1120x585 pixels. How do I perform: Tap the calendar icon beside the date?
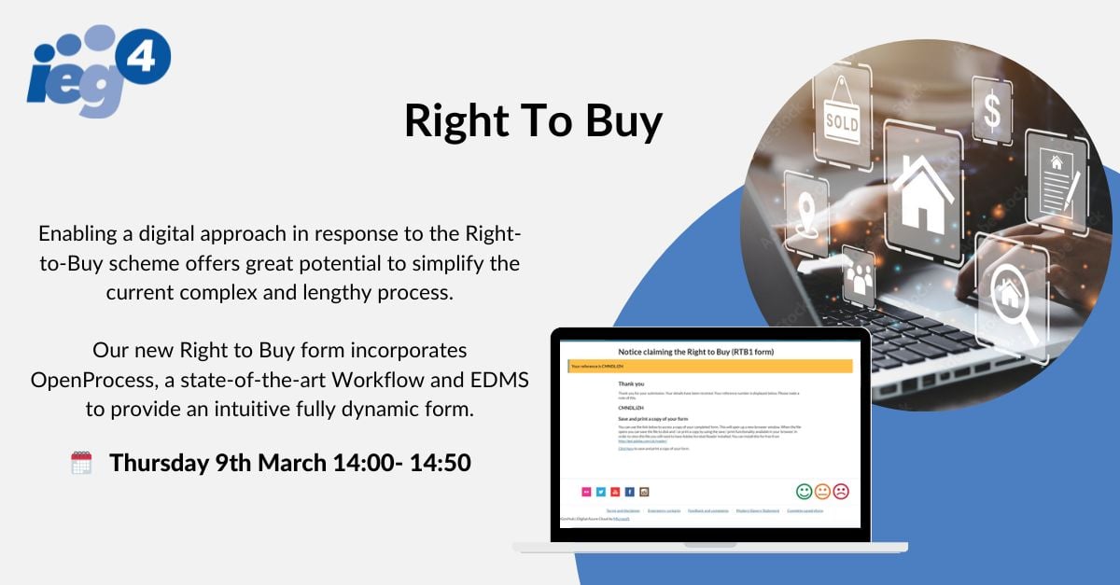(81, 463)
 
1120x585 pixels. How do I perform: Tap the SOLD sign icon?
(841, 118)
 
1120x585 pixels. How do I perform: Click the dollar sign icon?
(991, 111)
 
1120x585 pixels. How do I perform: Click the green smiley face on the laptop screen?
(804, 491)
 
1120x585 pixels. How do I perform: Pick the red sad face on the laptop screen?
(841, 491)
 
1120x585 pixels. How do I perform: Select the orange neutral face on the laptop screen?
(822, 491)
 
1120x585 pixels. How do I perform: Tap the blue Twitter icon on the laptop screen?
(601, 492)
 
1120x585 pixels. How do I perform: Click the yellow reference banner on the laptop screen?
(709, 367)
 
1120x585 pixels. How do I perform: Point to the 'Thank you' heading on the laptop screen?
(632, 383)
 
